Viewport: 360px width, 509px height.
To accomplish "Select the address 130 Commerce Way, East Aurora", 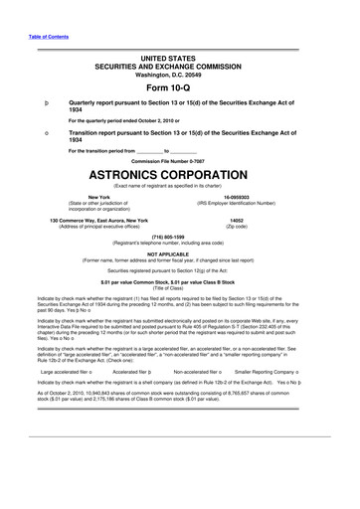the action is coord(86,220).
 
